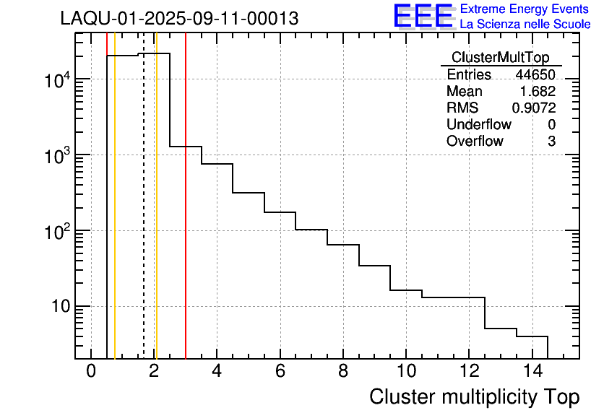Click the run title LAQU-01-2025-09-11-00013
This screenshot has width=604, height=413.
[179, 19]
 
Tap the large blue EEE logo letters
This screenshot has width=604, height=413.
[424, 16]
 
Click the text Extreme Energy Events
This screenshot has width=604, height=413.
[525, 9]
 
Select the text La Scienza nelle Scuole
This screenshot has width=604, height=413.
[525, 25]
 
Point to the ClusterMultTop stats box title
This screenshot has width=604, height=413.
[500, 58]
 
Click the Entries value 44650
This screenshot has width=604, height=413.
[535, 75]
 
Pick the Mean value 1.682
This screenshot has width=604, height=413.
[538, 92]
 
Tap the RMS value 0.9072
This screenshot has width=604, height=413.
[534, 108]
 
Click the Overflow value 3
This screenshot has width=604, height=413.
[551, 142]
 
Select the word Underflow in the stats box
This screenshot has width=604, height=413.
[478, 125]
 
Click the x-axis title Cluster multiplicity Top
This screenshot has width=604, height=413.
[474, 397]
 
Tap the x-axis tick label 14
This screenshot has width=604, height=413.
[532, 373]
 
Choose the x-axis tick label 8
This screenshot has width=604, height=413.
[343, 373]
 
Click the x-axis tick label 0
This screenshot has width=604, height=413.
[91, 373]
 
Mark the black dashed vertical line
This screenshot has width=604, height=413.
[144, 217]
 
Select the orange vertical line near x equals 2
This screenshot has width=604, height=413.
[156, 217]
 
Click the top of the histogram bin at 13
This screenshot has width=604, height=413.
[501, 329]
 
